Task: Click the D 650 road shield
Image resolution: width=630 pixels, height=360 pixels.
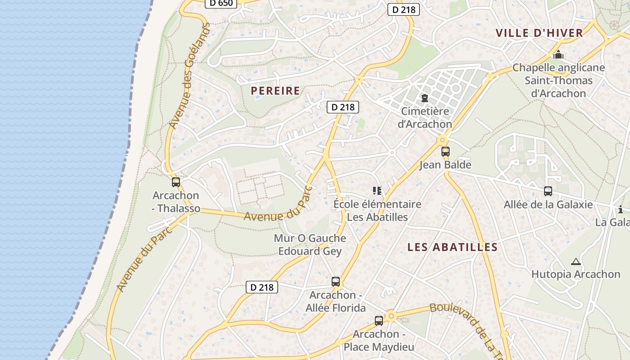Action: coord(221,3)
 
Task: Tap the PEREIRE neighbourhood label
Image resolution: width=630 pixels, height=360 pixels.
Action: coord(275,90)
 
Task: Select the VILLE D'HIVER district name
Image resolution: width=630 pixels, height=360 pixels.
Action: coord(539,33)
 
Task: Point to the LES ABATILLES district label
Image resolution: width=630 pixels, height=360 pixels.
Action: coord(452,247)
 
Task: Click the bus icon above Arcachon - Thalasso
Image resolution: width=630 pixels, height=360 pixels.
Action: coord(176,182)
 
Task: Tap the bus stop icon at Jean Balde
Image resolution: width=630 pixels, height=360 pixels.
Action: coord(445,152)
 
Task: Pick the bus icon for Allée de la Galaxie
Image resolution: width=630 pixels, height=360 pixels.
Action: coord(548,191)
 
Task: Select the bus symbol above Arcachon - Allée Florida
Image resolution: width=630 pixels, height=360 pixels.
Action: coord(336,282)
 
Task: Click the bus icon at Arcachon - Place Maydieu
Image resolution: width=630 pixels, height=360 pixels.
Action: coord(379,321)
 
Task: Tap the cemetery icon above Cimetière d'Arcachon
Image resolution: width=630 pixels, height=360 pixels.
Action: coord(424,98)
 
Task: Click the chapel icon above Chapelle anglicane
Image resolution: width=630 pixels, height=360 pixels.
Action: coord(558,55)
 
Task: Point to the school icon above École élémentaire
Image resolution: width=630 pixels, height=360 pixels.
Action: coord(377,191)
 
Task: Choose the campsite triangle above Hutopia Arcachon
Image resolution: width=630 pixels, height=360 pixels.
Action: coord(576,261)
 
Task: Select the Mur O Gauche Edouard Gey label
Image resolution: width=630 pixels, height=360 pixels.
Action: coord(310,244)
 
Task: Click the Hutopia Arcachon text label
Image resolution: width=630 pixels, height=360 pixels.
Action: coord(576,274)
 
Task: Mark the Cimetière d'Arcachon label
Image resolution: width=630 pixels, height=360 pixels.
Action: coord(425,117)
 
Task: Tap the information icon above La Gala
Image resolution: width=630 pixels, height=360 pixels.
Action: coord(621,209)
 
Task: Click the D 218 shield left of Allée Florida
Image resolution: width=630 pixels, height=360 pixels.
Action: coord(262,287)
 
